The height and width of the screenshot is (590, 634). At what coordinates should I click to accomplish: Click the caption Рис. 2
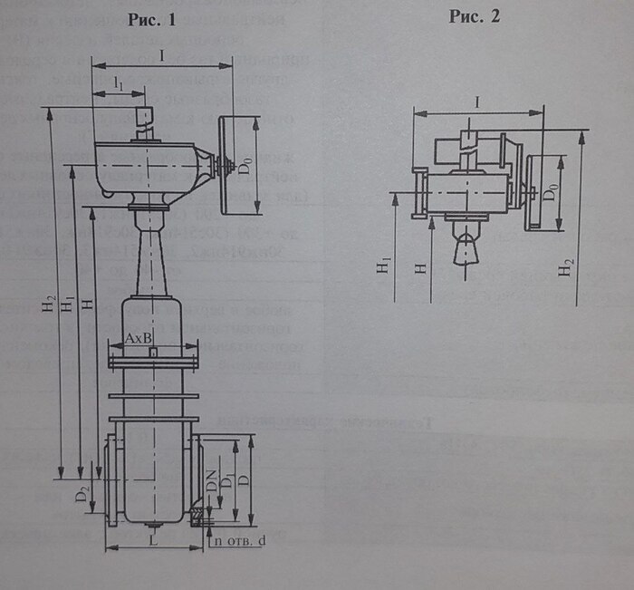474,17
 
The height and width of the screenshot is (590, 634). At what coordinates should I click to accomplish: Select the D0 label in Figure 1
245,166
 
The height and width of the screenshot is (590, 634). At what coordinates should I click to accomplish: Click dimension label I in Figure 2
476,103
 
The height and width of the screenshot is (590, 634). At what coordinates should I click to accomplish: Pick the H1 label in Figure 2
385,266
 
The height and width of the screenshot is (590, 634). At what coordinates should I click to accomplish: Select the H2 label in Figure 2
567,268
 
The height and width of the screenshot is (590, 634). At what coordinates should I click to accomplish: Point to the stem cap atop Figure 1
143,116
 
